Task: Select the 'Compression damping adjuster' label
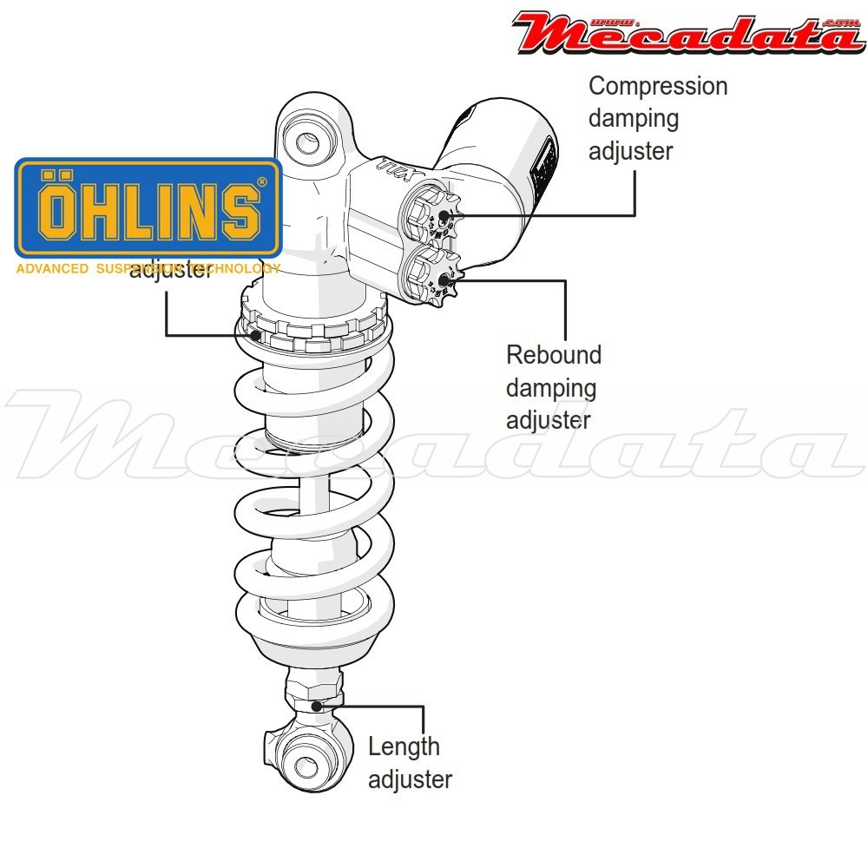pyautogui.click(x=657, y=119)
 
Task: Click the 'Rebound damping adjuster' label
pyautogui.click(x=553, y=387)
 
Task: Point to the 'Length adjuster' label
pyautogui.click(x=409, y=762)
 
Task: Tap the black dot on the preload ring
pyautogui.click(x=254, y=335)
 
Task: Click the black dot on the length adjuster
pyautogui.click(x=318, y=705)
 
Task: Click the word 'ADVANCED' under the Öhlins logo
pyautogui.click(x=52, y=269)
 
